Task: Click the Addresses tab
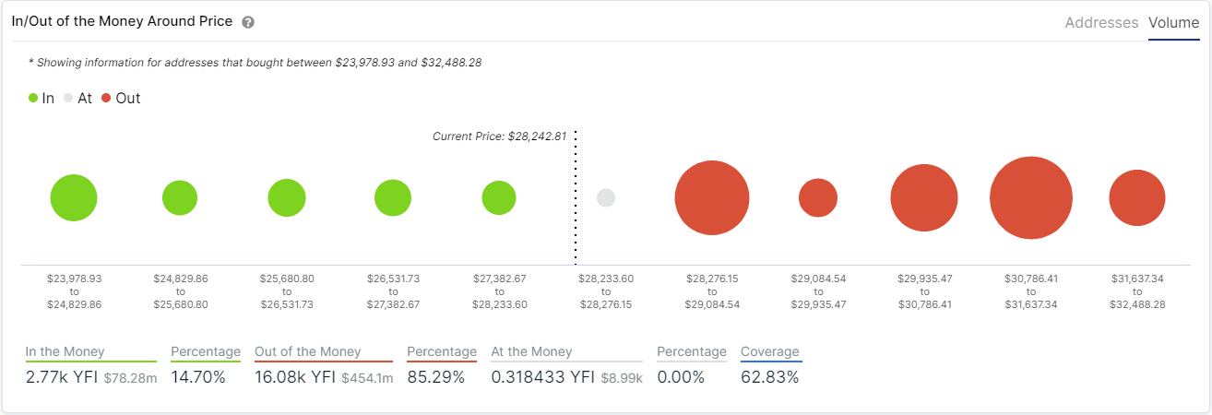(1101, 22)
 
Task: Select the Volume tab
(1173, 22)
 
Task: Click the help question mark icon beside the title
(248, 22)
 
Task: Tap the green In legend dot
(33, 98)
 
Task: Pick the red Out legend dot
(106, 98)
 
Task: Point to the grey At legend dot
(68, 98)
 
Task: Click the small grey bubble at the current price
(606, 197)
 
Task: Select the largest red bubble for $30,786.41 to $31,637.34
(1030, 197)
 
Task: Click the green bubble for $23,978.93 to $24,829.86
(74, 197)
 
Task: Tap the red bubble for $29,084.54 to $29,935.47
(818, 197)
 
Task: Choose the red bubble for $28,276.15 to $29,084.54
(711, 197)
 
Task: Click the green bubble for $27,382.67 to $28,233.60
(499, 197)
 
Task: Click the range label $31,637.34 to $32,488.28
(1137, 290)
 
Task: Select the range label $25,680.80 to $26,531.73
(287, 290)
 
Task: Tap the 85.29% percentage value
(436, 377)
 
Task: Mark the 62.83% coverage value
(769, 377)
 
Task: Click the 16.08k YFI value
(295, 377)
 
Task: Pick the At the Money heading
(531, 351)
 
